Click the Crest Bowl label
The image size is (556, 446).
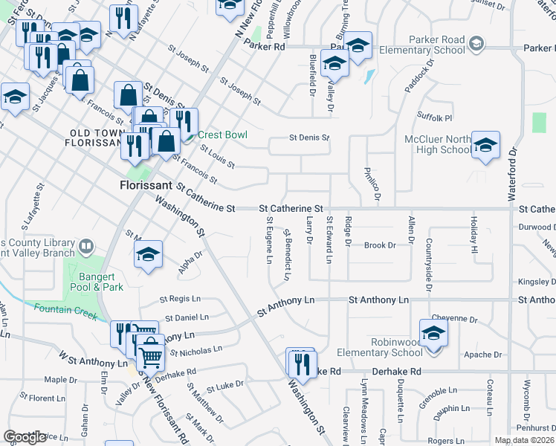pyautogui.click(x=221, y=135)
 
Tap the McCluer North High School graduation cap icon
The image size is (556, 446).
pyautogui.click(x=486, y=146)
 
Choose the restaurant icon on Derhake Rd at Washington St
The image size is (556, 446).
pyautogui.click(x=302, y=363)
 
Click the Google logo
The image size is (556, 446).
pyautogui.click(x=25, y=437)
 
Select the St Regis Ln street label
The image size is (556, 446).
pyautogui.click(x=181, y=299)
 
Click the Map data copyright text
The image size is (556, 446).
pyautogui.click(x=524, y=440)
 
